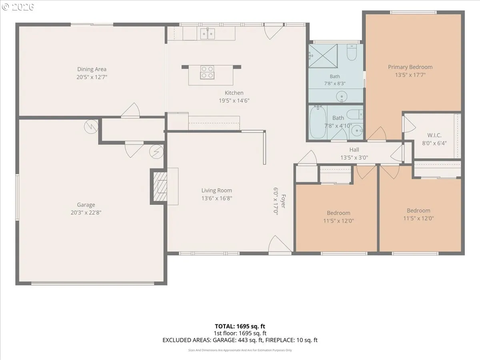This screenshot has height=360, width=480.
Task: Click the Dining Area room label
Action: coord(92,69)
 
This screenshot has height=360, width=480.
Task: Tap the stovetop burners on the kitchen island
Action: coord(207,72)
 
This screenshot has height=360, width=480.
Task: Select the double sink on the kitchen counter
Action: coord(208,34)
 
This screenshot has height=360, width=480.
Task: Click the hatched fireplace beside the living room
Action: coord(160,187)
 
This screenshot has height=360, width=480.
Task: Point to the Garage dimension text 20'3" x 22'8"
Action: coord(86,212)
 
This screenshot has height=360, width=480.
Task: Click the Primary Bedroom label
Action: coord(410,67)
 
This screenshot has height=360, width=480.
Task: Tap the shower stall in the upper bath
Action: coord(323,56)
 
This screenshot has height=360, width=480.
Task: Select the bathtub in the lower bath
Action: coord(318,122)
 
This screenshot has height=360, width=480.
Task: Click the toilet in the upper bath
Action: coord(352,52)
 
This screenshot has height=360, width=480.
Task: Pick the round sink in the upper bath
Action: coord(342,96)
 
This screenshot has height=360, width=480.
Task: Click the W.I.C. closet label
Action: coord(434,135)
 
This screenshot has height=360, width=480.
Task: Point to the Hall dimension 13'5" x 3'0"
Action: coord(354,157)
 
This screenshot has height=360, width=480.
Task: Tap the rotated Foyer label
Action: coord(283,201)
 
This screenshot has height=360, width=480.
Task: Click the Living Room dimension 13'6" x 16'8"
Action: coord(217,198)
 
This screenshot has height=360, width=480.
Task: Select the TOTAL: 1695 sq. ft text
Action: coord(240,326)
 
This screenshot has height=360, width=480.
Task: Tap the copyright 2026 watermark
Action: coord(18,7)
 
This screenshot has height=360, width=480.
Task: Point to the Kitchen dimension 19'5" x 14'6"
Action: coord(234,100)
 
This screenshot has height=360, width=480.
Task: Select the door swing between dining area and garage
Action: coord(130,110)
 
